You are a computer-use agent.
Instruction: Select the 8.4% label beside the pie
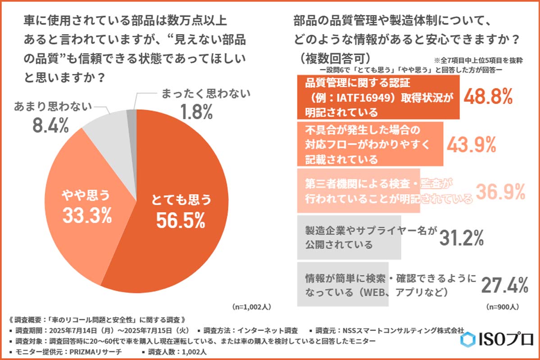(50, 126)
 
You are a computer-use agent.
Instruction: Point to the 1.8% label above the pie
(194, 112)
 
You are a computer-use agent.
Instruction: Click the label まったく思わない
(205, 94)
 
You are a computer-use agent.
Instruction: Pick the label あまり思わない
(53, 107)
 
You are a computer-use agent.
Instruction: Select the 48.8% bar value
(488, 97)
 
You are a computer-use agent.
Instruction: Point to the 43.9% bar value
(471, 144)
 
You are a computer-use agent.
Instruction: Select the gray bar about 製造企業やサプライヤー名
(349, 237)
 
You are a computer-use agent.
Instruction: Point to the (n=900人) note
(503, 307)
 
